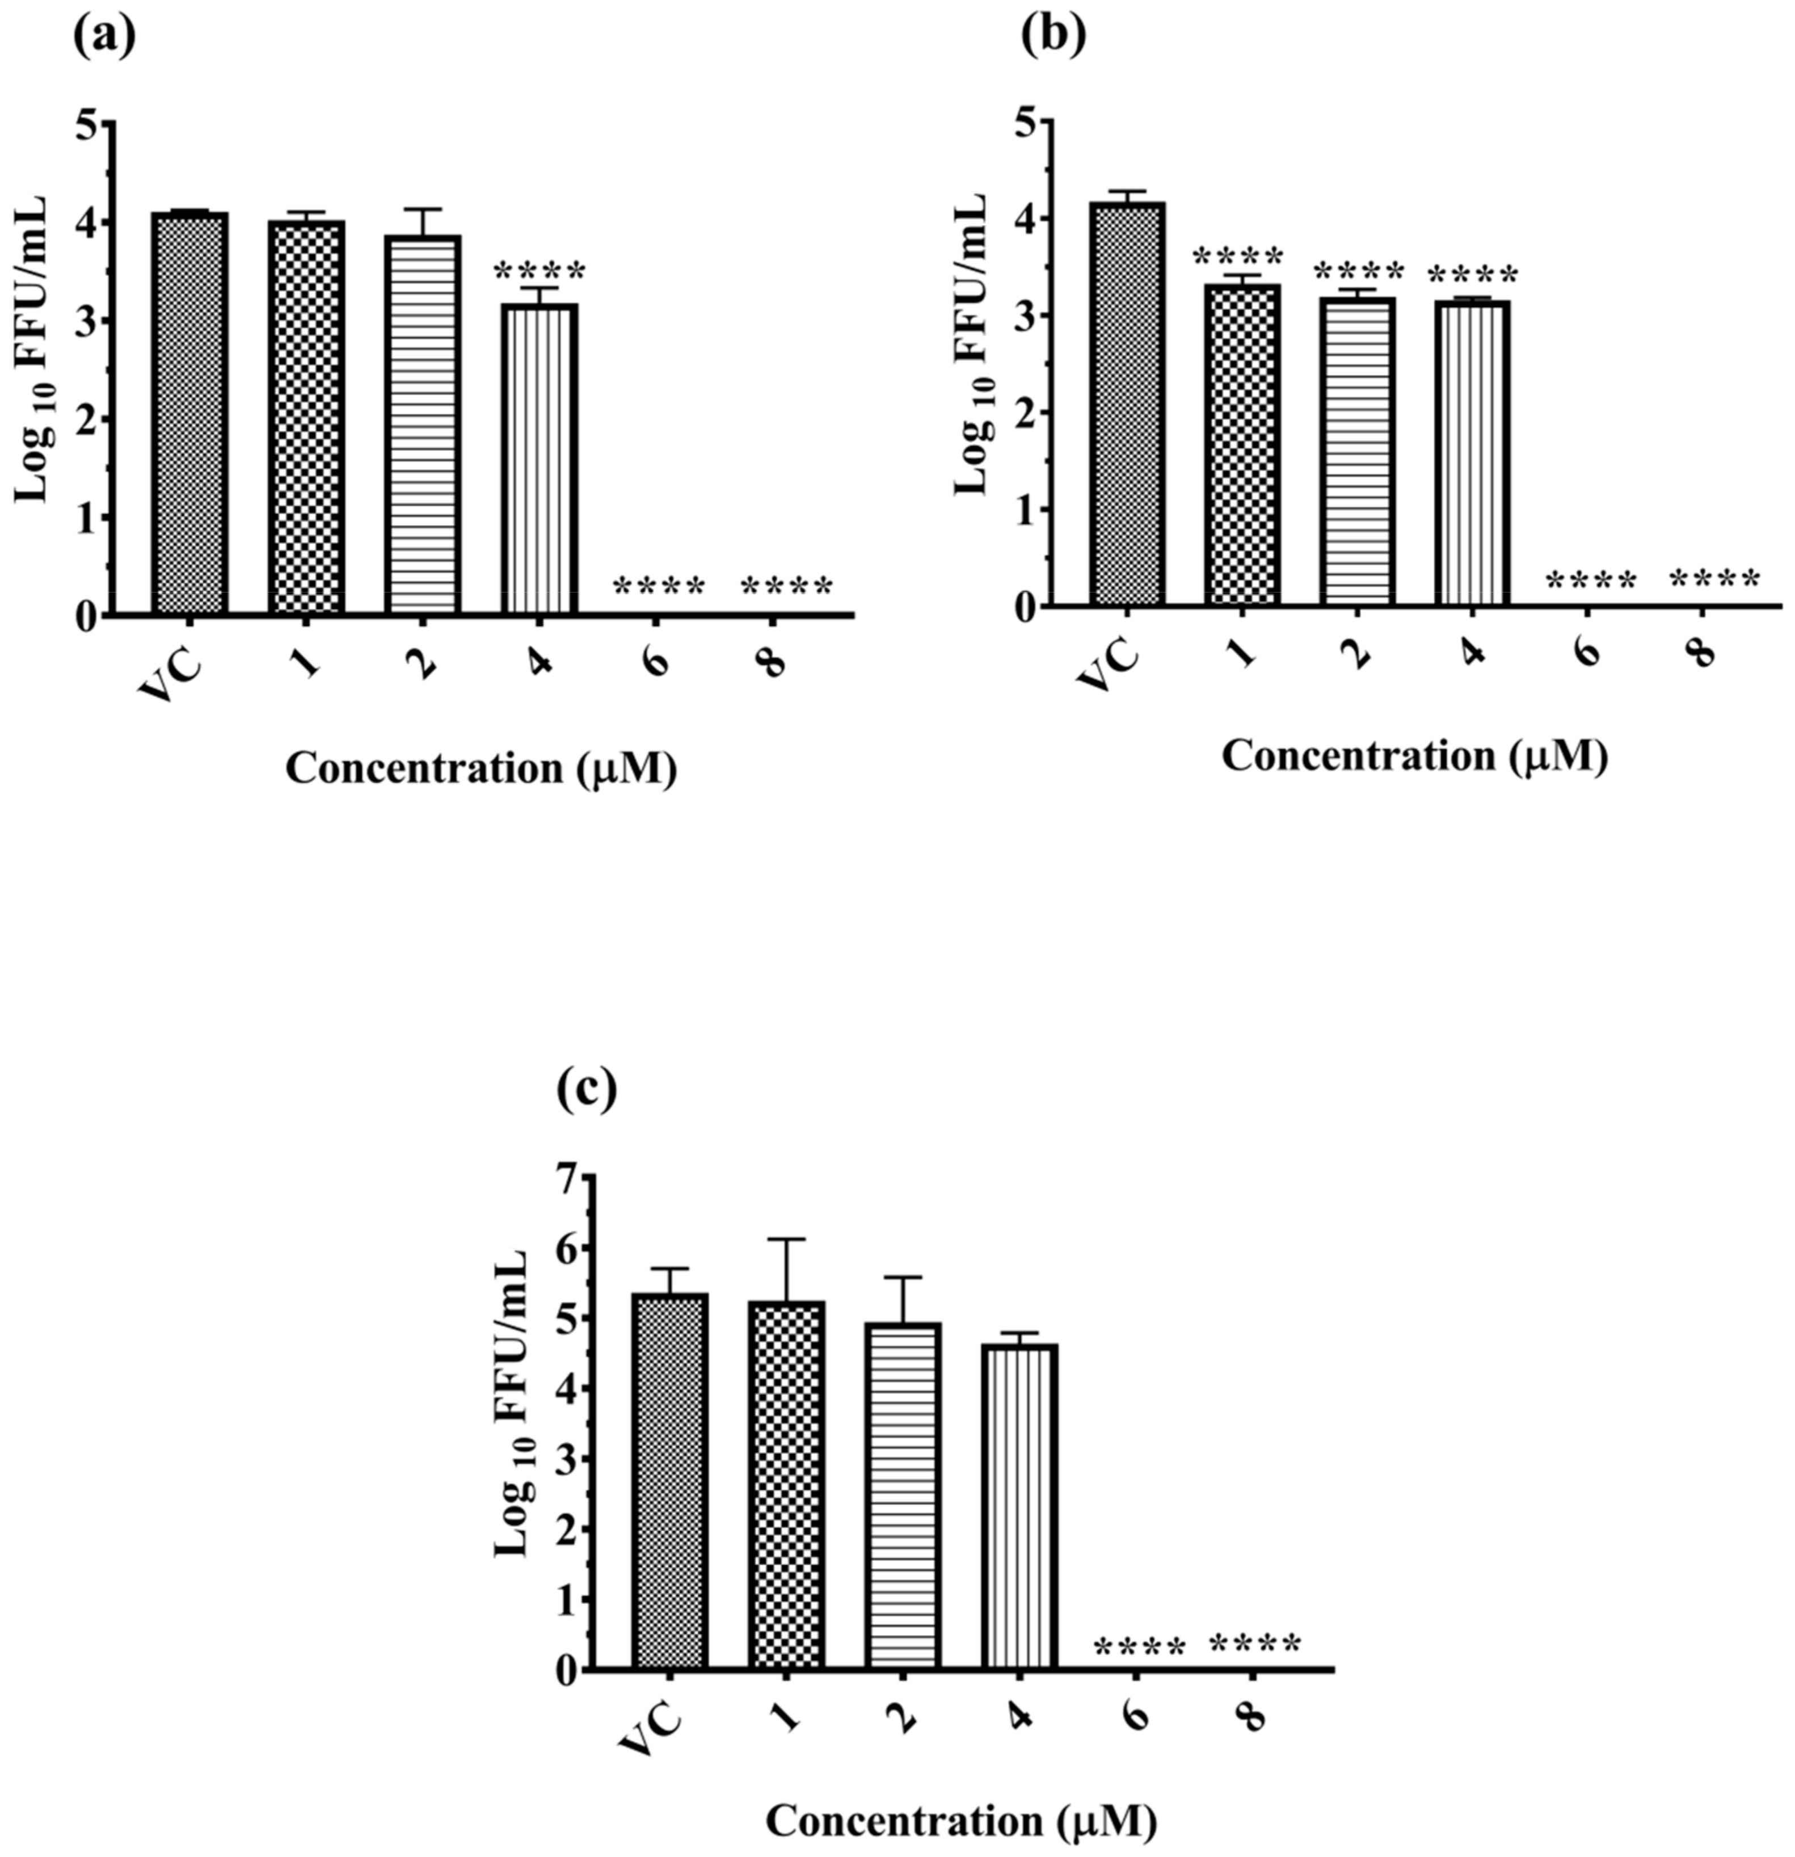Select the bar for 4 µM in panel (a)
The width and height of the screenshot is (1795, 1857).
point(539,460)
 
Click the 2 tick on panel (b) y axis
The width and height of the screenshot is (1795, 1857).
point(1025,412)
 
